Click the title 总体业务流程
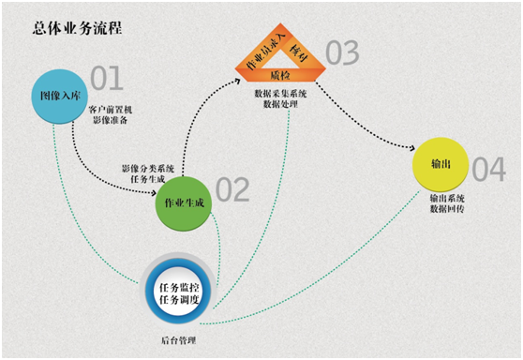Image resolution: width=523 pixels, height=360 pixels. [77, 28]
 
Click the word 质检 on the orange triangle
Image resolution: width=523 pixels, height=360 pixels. [279, 73]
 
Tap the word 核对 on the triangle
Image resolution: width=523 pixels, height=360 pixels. [298, 48]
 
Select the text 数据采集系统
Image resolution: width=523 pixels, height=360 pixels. [280, 95]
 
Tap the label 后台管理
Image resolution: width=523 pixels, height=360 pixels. [178, 337]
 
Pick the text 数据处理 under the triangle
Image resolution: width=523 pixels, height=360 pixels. [280, 106]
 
